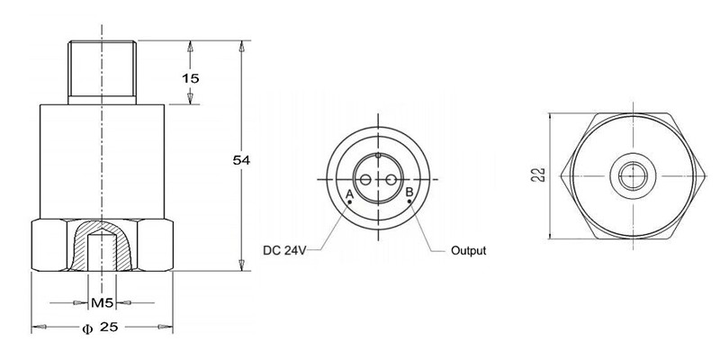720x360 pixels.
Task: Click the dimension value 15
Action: (x=190, y=78)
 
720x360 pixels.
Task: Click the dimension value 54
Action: (x=240, y=159)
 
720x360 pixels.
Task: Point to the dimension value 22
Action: (x=537, y=175)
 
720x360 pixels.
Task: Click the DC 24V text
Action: (x=285, y=250)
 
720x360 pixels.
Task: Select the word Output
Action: (x=468, y=250)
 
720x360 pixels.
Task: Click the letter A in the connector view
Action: (x=349, y=193)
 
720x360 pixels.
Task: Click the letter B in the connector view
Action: (x=409, y=193)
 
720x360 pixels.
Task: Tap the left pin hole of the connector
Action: (x=365, y=180)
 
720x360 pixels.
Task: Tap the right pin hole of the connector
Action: (x=391, y=180)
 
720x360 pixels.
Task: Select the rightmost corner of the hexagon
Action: (x=700, y=175)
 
